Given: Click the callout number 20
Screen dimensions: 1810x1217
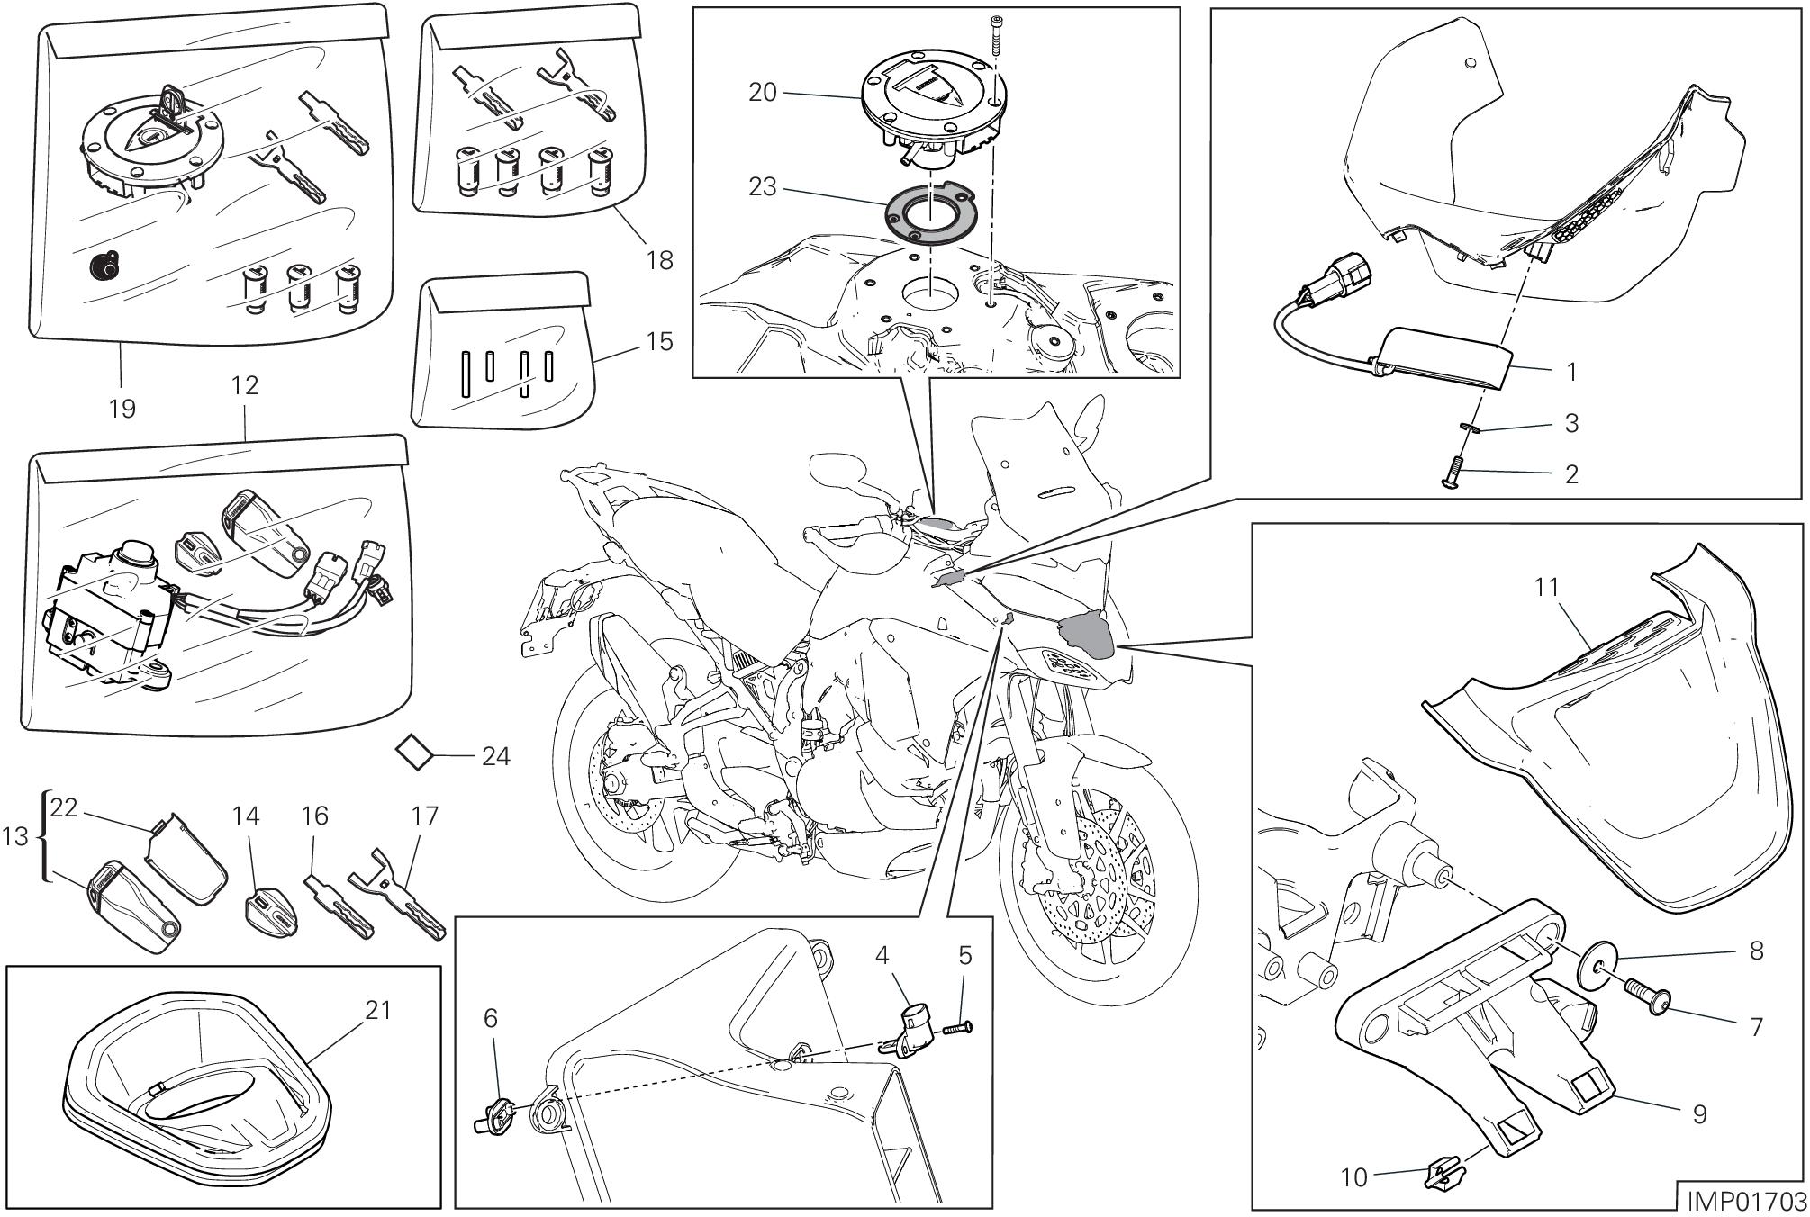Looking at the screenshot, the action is tap(762, 92).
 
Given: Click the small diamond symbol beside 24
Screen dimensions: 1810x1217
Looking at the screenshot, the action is tap(415, 753).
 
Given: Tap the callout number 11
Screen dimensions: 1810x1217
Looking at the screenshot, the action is tap(1546, 588).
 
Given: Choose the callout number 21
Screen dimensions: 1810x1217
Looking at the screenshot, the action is tap(377, 1010).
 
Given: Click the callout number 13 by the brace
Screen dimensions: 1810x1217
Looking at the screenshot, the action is tap(16, 836).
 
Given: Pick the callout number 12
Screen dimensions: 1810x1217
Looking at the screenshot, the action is tap(245, 385).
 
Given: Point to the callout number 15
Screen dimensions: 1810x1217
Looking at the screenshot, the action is tap(660, 341).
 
